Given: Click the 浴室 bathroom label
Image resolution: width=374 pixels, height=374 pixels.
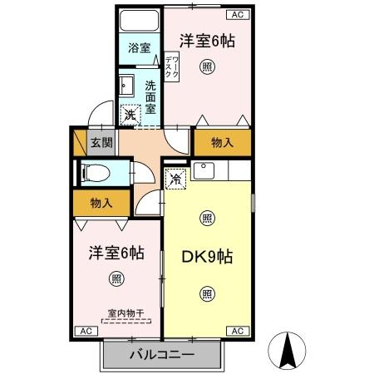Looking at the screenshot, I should pyautogui.click(x=138, y=48).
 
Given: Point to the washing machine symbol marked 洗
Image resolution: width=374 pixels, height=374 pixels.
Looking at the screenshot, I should pyautogui.click(x=130, y=116).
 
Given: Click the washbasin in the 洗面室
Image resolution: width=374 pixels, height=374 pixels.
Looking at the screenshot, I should pyautogui.click(x=128, y=86).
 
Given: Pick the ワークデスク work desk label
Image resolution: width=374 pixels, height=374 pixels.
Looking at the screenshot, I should pyautogui.click(x=170, y=67).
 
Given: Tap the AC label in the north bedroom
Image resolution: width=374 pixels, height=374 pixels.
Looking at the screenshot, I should pyautogui.click(x=237, y=14).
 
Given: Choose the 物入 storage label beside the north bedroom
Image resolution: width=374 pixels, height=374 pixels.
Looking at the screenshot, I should pyautogui.click(x=222, y=142).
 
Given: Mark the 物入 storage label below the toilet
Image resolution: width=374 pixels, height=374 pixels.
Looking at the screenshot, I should pyautogui.click(x=101, y=202).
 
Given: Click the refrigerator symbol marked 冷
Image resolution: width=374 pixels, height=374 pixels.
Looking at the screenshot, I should pyautogui.click(x=176, y=178).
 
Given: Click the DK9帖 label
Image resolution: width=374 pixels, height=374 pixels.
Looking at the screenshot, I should pyautogui.click(x=206, y=257).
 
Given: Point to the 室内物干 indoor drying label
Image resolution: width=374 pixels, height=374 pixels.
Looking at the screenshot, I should pyautogui.click(x=125, y=313).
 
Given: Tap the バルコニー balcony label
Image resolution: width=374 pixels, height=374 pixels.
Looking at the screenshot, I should pyautogui.click(x=162, y=355).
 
